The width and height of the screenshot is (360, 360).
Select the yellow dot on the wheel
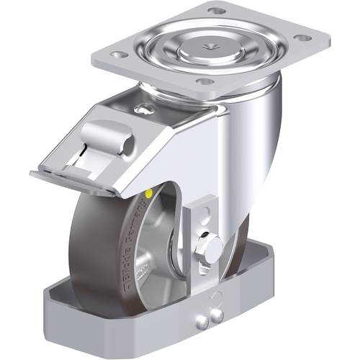(x=148, y=194)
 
